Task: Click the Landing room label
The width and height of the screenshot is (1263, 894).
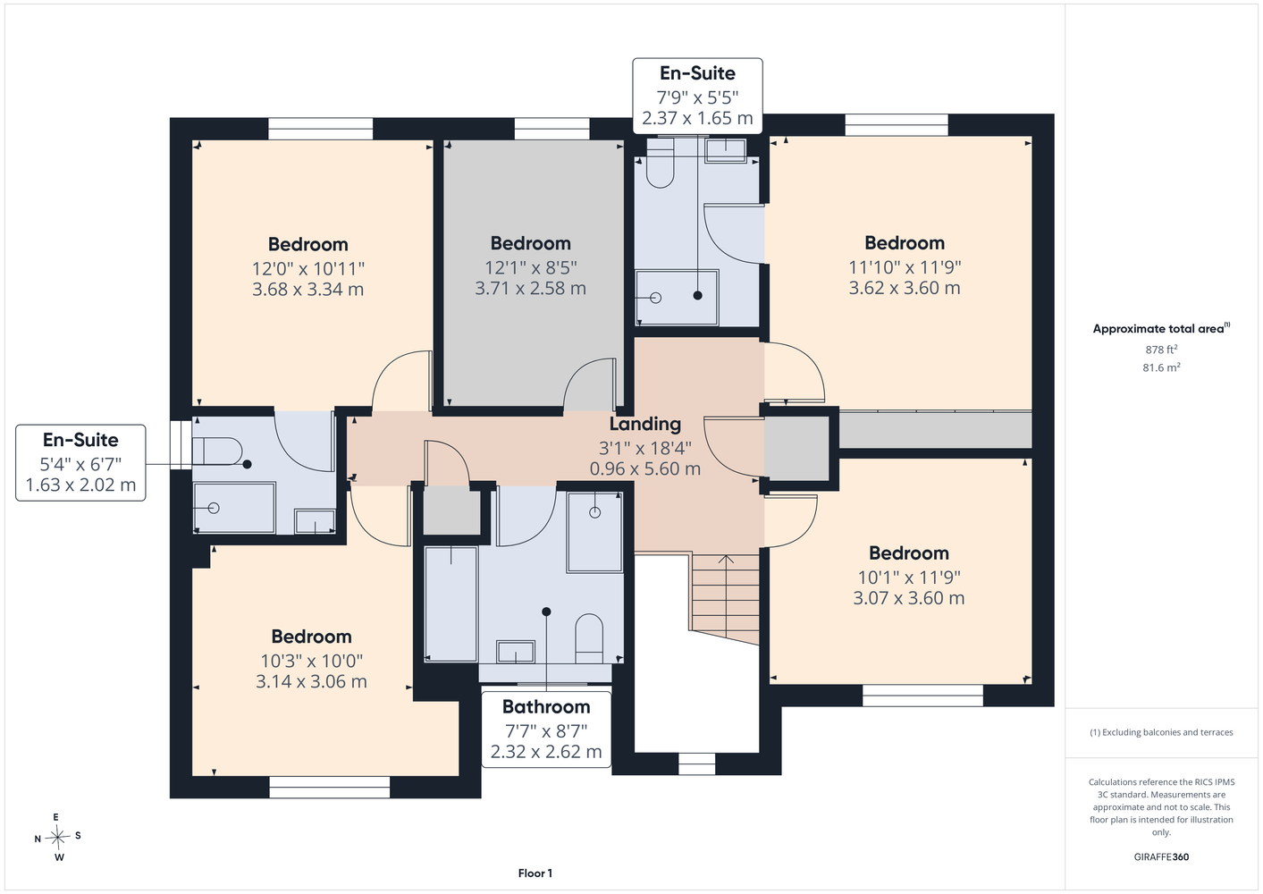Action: [x=645, y=424]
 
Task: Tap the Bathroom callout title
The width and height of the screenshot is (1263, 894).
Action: [x=546, y=707]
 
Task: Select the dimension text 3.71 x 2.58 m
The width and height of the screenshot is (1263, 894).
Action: [x=530, y=288]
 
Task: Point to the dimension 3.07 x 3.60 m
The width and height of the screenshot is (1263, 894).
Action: [x=908, y=598]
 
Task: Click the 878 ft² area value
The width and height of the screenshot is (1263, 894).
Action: [x=1161, y=350]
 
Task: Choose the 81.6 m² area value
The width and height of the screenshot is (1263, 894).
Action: [x=1161, y=367]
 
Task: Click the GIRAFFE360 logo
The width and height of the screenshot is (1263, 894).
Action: [x=1161, y=856]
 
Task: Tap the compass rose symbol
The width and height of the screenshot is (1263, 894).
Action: [x=57, y=837]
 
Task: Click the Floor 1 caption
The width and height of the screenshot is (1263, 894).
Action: [x=535, y=873]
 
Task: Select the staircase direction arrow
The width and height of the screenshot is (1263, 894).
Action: [x=726, y=599]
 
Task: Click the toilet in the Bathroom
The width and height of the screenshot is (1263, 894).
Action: [x=589, y=638]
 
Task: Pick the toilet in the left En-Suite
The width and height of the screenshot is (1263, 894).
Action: [x=217, y=451]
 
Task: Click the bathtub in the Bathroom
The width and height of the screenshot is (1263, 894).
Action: [x=450, y=603]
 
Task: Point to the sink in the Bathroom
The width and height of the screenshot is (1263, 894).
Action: [x=516, y=652]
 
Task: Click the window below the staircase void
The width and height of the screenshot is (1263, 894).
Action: [x=696, y=763]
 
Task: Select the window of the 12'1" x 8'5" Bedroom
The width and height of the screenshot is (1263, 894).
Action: [x=552, y=129]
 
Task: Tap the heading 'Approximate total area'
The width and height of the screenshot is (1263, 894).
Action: [x=1158, y=329]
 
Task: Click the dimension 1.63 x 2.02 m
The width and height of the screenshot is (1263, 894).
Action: [x=80, y=485]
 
